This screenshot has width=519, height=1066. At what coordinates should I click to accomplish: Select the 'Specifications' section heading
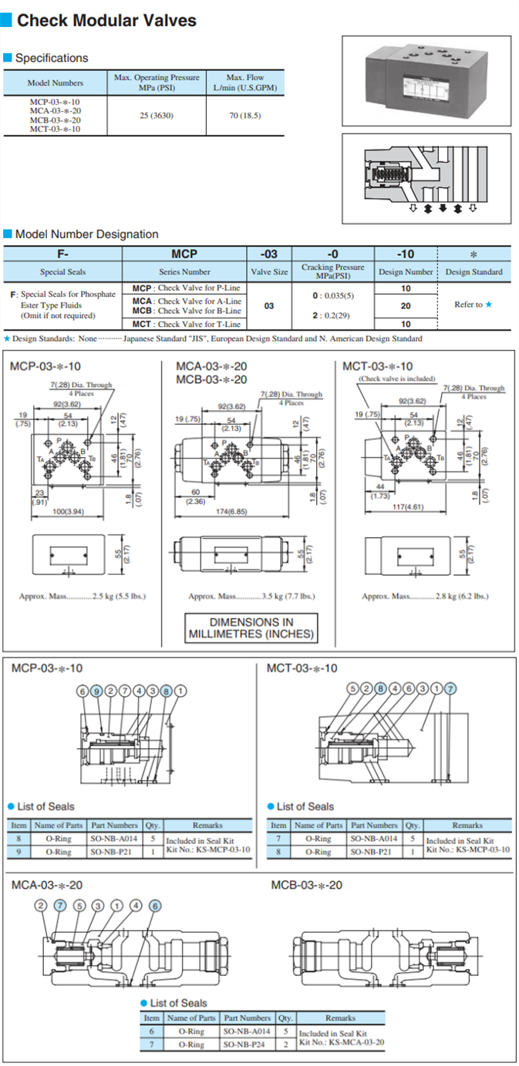point(52,58)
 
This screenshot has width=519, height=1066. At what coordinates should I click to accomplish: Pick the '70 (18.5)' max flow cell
point(245,115)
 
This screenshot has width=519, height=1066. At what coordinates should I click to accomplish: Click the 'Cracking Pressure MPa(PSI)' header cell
point(332,271)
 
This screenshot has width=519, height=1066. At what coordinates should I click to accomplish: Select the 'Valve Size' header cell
point(269,271)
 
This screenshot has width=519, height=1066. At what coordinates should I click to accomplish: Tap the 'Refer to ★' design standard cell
point(473,304)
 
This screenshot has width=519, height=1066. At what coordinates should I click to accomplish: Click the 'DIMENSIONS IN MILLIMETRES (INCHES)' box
point(251,628)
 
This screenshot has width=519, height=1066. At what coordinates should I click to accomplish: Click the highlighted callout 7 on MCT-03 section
point(451,688)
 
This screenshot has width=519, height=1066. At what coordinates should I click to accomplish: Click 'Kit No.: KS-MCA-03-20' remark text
point(342,1042)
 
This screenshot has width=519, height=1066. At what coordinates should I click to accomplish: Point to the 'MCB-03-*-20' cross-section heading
point(307,885)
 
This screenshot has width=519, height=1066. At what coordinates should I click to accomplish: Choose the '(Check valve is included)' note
point(397,379)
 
